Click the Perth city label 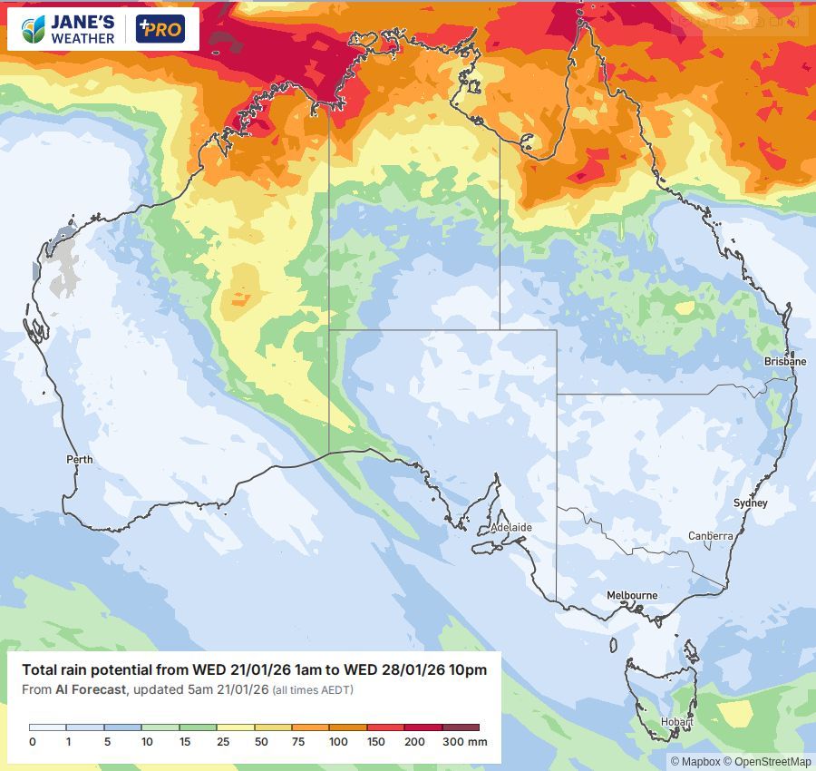[x=80, y=460]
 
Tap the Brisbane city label [x=784, y=361]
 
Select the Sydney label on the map [x=751, y=503]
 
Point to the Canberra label [x=710, y=536]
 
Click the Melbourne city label [x=632, y=595]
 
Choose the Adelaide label [x=511, y=527]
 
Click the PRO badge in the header [x=160, y=29]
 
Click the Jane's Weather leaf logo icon [x=34, y=29]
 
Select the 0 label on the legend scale [x=32, y=742]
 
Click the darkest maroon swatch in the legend [x=460, y=727]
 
